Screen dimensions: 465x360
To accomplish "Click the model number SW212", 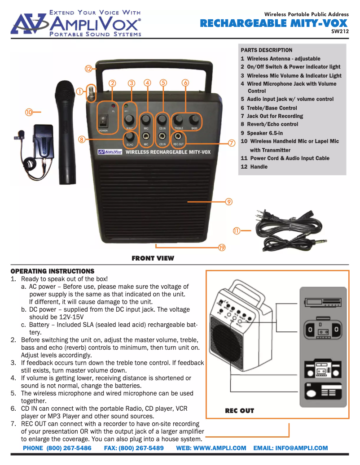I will pos(339,31).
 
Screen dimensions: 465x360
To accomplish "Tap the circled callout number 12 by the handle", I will pos(89,69).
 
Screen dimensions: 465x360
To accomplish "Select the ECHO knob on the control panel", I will pos(130,136).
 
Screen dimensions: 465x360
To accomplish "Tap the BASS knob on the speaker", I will pos(194,119).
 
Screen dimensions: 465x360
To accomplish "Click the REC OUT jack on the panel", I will pos(178,136).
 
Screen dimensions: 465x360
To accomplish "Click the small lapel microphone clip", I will pos(20,134).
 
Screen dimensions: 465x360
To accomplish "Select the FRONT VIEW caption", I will pos(153,258).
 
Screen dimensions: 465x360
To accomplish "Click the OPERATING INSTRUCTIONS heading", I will pos(53,271).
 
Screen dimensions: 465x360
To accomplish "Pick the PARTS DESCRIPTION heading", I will pos(266,50).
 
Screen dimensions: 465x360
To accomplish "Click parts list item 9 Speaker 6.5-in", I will pos(262,133).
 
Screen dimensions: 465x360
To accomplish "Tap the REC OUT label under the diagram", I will pos(239,411).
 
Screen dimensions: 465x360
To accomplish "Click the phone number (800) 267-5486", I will pos(57,448).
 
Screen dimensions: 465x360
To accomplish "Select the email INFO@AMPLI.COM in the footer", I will pos(290,448).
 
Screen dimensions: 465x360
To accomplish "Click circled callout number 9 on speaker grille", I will pos(228,202).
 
